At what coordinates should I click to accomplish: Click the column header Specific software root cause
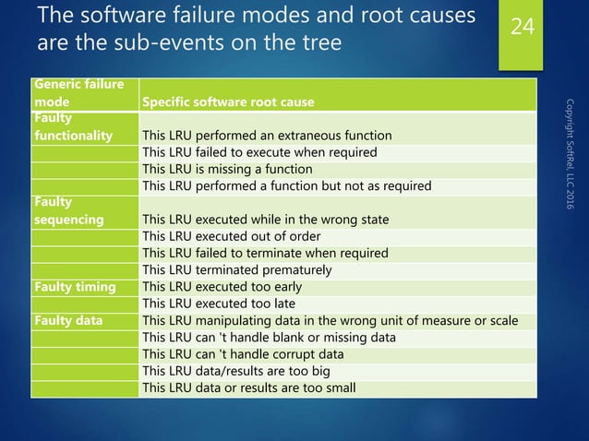pos(228,101)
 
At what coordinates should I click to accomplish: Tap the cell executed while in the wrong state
pos(266,220)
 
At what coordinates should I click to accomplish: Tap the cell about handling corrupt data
pos(244,354)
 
